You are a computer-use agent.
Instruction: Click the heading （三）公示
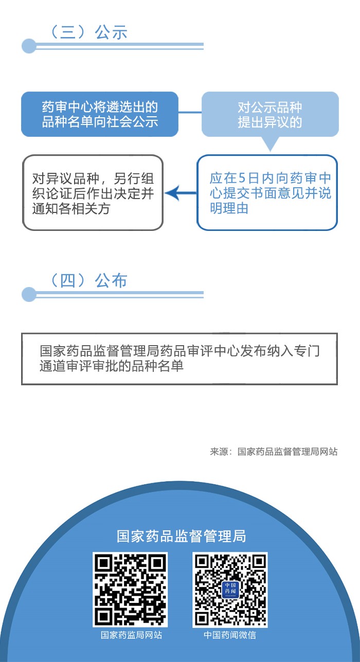point(88,32)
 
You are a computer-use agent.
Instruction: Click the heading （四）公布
point(88,280)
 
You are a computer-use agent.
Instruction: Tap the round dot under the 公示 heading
point(29,46)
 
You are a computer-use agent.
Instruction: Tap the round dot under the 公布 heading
point(29,294)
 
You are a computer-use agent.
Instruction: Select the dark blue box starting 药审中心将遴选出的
point(100,114)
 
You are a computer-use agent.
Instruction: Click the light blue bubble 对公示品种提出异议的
point(270,114)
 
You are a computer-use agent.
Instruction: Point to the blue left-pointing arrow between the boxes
point(181,193)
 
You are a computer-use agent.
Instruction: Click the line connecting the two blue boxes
point(190,112)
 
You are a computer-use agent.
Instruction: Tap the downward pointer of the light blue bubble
point(270,144)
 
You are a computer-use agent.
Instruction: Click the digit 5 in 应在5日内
point(242,178)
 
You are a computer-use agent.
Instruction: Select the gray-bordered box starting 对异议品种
point(93,192)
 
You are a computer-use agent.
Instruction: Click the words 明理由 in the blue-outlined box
point(229,208)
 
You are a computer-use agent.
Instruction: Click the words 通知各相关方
point(71,209)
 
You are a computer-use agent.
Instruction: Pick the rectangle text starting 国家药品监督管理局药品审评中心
point(179,359)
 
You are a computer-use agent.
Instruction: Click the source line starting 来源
point(274,452)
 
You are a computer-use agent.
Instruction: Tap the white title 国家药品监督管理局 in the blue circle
point(181,536)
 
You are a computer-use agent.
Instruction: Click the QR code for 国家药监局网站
point(130,590)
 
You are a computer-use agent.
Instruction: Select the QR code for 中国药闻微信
point(230,590)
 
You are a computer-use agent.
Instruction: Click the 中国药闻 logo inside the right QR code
point(230,589)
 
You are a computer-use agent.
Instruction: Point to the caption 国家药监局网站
point(131,635)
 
